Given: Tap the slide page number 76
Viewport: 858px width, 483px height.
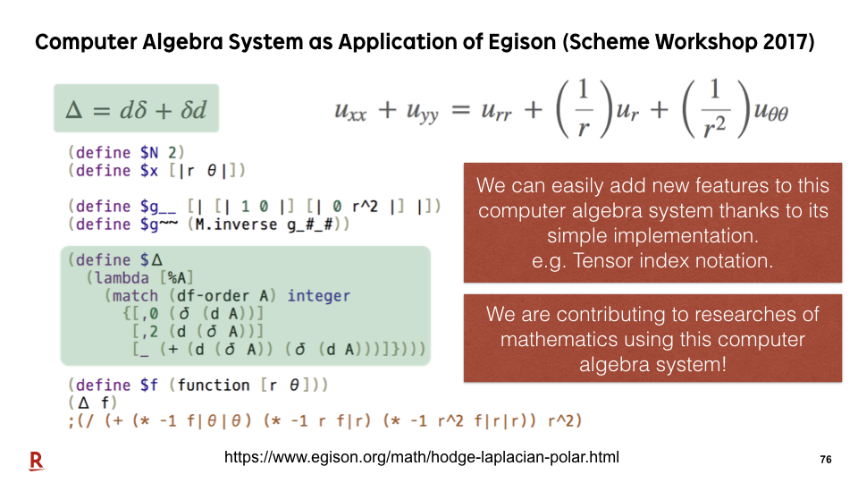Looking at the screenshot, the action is point(826,460).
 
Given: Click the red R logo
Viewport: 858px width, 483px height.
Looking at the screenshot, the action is point(36,461).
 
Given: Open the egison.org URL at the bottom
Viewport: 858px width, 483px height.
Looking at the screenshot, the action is point(421,457).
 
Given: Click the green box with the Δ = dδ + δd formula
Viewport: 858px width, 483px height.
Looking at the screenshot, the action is point(136,108).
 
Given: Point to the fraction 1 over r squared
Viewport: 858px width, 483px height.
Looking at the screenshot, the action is point(715,108).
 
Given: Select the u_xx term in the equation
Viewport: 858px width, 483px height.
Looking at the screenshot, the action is point(350,111).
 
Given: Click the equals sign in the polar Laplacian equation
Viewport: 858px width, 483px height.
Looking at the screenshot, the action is point(461,110).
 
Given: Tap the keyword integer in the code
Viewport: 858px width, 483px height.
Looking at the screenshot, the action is point(318,296).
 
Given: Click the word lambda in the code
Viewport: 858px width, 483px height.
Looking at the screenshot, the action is point(122,277).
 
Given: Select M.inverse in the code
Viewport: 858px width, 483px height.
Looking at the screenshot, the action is point(236,224).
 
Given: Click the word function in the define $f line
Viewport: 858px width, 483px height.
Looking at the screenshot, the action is point(214,385).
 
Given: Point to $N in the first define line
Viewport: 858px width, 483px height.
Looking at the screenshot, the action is point(149,152).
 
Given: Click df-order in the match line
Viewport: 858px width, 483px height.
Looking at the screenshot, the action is point(213,296).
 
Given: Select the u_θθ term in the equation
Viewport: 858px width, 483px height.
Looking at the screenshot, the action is point(771,111).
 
